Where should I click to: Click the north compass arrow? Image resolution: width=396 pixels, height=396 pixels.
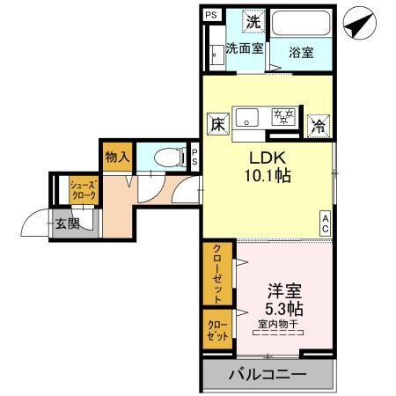coord(356,23)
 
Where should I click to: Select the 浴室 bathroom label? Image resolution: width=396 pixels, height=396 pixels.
coord(302,52)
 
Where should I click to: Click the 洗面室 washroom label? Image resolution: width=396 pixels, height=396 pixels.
coord(244,49)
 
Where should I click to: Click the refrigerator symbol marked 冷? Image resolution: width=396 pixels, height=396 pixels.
coord(319,125)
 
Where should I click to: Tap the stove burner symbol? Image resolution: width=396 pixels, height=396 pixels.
coord(284,116)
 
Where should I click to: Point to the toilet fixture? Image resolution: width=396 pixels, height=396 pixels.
coord(166,158)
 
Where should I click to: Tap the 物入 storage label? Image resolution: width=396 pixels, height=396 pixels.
coord(117,158)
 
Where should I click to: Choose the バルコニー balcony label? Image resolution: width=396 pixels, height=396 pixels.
coord(268,375)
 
